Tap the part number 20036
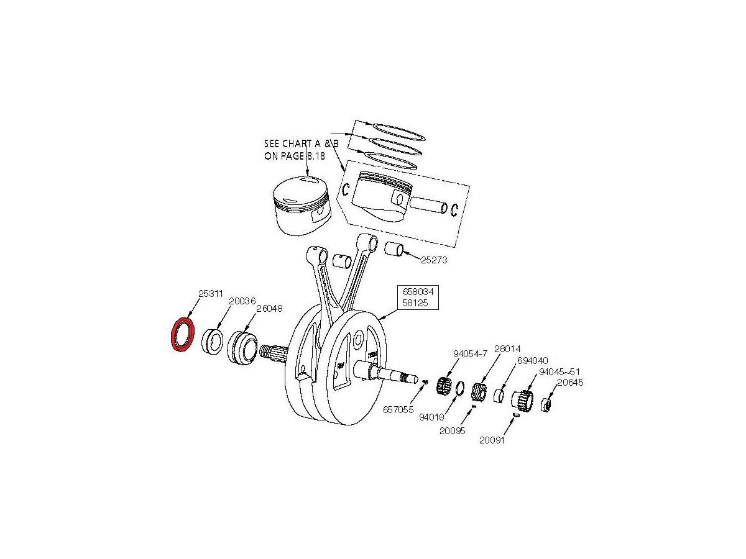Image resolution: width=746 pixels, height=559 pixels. [x=242, y=301]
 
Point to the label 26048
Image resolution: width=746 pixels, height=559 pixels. [x=269, y=308]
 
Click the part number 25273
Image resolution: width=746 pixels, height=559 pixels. [x=433, y=260]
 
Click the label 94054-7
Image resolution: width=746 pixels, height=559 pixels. [x=471, y=354]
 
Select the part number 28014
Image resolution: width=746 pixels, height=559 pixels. [x=507, y=348]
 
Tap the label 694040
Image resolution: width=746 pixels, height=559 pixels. [x=533, y=360]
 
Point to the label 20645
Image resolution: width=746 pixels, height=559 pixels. [x=569, y=383]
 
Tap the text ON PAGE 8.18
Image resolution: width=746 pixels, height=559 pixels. [x=296, y=157]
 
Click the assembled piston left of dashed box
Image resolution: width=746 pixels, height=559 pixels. [x=302, y=205]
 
